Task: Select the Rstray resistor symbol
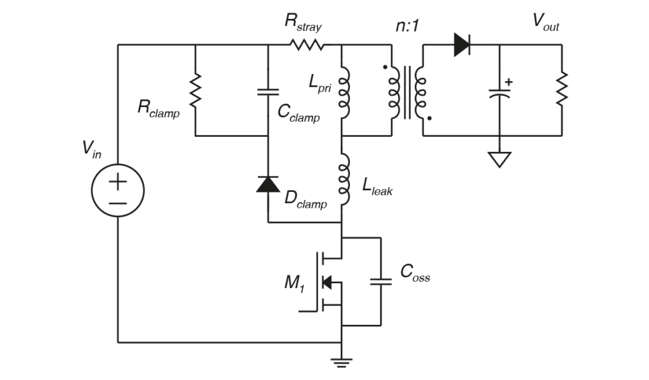click(x=307, y=45)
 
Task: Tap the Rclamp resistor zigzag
click(x=195, y=90)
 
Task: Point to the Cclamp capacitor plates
click(x=267, y=92)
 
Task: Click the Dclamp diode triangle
click(x=267, y=184)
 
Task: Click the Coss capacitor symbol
click(x=381, y=281)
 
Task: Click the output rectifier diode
click(x=462, y=45)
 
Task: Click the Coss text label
click(x=415, y=274)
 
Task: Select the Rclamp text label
click(x=158, y=108)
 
